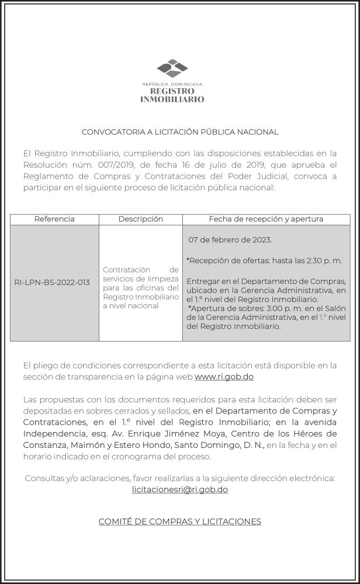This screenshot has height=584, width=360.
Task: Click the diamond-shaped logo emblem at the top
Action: tap(172, 68)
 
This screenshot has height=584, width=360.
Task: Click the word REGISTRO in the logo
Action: tap(172, 91)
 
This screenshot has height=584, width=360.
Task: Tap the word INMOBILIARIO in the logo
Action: tap(172, 99)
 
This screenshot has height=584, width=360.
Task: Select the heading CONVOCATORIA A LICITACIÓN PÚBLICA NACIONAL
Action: tap(179, 132)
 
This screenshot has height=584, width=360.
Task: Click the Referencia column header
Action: tap(54, 219)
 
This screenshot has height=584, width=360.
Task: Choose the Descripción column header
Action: tap(140, 219)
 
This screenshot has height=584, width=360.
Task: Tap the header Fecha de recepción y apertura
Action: tap(266, 219)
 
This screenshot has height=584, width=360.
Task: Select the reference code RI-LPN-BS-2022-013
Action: tap(52, 283)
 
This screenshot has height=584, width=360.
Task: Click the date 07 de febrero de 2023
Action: tap(230, 240)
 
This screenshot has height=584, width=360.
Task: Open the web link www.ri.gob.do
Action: tap(224, 377)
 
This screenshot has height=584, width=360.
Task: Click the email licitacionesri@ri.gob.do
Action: tap(180, 489)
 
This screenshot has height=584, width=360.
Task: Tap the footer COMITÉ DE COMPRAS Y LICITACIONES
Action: tap(179, 522)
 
